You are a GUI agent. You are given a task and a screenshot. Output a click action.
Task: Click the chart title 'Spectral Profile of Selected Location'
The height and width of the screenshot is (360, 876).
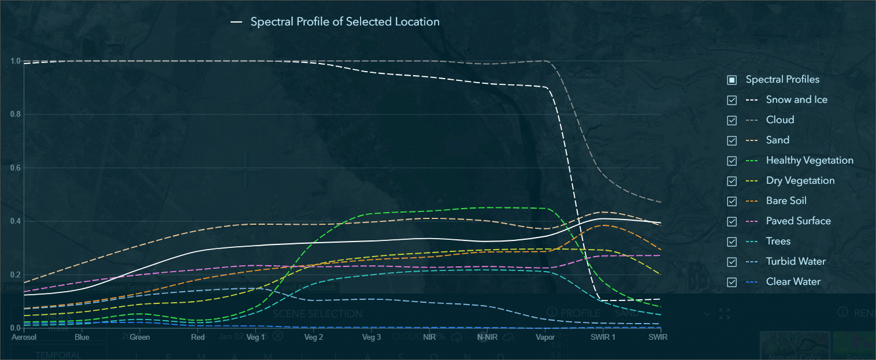click(344, 22)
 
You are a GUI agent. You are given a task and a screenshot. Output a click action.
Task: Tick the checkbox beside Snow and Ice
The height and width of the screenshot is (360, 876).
click(732, 100)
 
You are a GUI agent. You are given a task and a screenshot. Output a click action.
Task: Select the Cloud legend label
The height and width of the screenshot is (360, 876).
click(780, 120)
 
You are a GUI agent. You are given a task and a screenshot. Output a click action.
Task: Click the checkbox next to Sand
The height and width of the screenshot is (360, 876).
click(732, 140)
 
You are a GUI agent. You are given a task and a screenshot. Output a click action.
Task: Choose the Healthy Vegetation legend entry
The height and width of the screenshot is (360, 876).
click(810, 160)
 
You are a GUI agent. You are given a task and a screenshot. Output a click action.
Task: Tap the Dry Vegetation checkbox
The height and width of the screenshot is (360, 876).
click(732, 181)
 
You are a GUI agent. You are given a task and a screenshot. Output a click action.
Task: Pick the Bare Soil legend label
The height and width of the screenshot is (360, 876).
click(786, 201)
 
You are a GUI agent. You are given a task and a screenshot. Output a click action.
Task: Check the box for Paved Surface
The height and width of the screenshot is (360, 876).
click(732, 221)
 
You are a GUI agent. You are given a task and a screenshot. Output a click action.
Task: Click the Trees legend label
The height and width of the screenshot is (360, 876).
click(778, 241)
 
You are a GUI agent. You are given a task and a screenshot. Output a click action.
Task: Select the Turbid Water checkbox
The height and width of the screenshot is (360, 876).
click(732, 262)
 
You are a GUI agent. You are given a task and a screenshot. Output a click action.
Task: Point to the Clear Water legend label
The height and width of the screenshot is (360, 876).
click(793, 281)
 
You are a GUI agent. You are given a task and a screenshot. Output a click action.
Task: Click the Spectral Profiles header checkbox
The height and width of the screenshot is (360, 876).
click(732, 80)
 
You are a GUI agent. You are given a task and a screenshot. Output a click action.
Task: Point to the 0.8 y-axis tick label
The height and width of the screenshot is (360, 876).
click(16, 114)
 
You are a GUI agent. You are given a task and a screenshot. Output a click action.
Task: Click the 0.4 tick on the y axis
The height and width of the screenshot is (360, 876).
click(16, 221)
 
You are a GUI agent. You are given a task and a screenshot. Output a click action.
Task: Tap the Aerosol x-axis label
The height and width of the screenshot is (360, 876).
click(24, 337)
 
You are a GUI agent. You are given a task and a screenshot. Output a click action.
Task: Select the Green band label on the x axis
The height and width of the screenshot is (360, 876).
click(140, 337)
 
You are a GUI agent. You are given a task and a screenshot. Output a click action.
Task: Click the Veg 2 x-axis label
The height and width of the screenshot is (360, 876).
click(313, 337)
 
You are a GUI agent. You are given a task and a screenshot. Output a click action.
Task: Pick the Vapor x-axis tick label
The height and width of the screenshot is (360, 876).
click(545, 337)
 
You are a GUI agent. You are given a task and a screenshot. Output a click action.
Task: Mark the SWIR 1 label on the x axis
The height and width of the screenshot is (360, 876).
click(603, 337)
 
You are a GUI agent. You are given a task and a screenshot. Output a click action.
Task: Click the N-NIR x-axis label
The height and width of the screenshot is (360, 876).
click(487, 337)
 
